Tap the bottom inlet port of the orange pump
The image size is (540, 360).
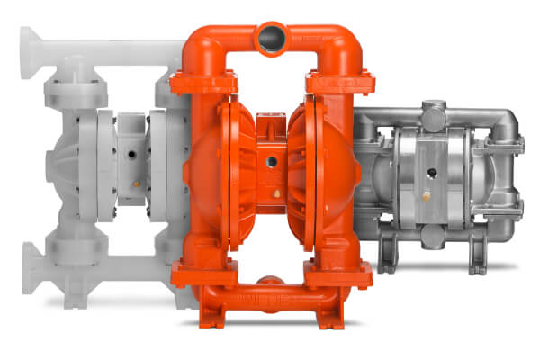pos(270,285)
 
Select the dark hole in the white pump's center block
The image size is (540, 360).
pos(132,156)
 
